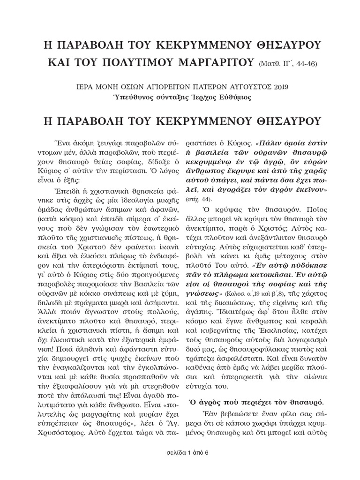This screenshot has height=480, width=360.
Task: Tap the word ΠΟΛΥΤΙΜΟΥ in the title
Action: (x=122, y=63)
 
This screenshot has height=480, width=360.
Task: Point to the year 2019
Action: (x=280, y=87)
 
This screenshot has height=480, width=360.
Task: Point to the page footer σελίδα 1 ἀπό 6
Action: (x=180, y=466)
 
